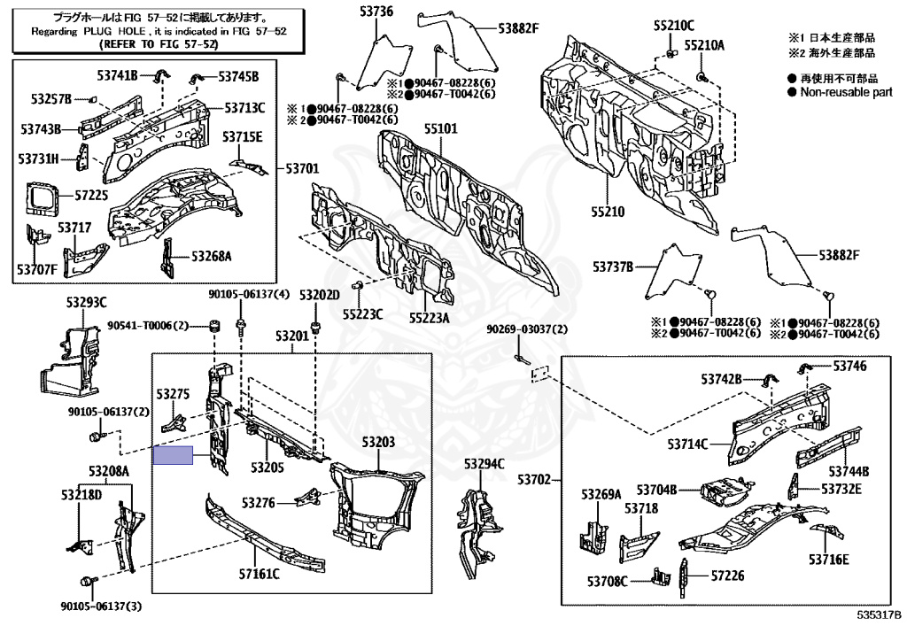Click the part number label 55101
(x=440, y=128)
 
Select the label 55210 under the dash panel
(x=609, y=213)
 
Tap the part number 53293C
(x=86, y=302)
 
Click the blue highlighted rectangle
(x=173, y=456)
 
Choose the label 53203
(x=377, y=441)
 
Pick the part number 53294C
(x=484, y=464)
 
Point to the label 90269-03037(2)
(x=526, y=330)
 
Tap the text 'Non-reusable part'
(x=846, y=92)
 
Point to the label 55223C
(x=364, y=313)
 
